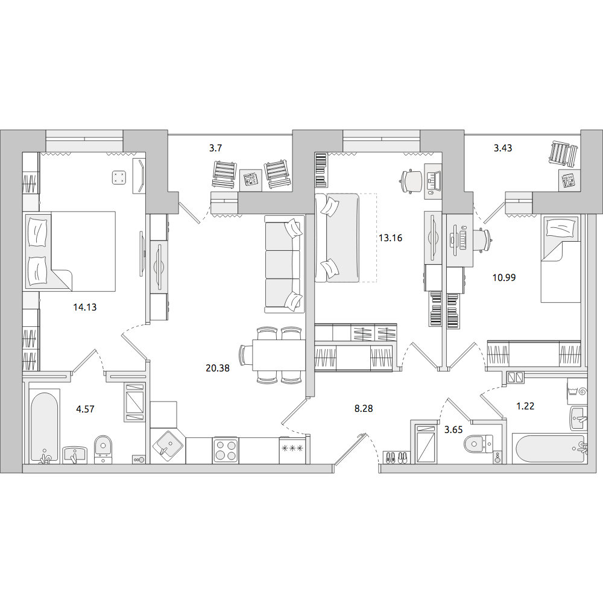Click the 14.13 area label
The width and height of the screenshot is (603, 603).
(x=85, y=307)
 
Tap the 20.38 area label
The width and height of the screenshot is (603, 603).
(x=218, y=368)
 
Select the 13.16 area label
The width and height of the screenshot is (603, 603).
(x=390, y=238)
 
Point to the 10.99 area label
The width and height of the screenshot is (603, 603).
(x=504, y=277)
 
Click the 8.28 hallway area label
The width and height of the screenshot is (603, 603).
(x=364, y=408)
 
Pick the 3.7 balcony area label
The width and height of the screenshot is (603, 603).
(x=215, y=148)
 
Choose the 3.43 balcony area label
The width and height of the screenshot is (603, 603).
(x=503, y=148)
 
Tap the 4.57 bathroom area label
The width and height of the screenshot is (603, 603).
(x=85, y=409)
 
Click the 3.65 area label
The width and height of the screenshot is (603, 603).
(x=453, y=429)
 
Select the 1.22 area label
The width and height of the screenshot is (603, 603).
(x=525, y=406)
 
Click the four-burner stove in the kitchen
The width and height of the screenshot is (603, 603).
(x=226, y=450)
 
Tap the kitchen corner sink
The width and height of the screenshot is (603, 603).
(x=168, y=446)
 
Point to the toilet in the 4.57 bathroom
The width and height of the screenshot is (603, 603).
(x=103, y=449)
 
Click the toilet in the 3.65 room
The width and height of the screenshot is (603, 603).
(x=478, y=444)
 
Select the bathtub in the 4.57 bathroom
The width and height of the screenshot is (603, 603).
(x=45, y=426)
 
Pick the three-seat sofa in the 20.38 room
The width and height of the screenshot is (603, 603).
(x=284, y=264)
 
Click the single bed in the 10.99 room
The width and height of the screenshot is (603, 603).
(x=560, y=259)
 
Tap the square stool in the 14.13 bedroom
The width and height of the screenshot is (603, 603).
(x=119, y=177)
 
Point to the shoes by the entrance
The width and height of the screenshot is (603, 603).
(x=396, y=457)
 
